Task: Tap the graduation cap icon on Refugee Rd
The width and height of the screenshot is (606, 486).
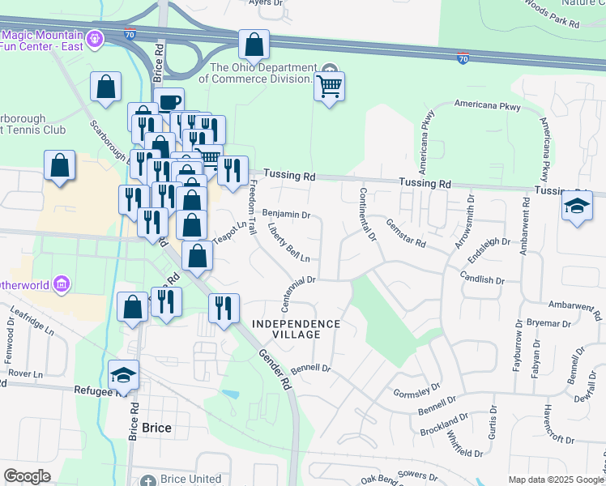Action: (x=123, y=373)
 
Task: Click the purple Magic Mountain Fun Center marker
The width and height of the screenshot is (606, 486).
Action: (x=94, y=37)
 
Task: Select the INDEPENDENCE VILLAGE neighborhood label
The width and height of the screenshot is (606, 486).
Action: (x=296, y=329)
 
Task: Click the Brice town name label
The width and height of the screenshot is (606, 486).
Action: (x=156, y=428)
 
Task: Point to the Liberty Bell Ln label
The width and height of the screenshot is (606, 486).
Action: (x=289, y=244)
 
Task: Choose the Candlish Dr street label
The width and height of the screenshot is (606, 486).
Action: (x=482, y=279)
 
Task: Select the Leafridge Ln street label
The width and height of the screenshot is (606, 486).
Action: (x=32, y=325)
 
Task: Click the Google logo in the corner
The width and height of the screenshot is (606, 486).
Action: (x=27, y=475)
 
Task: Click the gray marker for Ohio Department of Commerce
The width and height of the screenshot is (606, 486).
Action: (x=329, y=68)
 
